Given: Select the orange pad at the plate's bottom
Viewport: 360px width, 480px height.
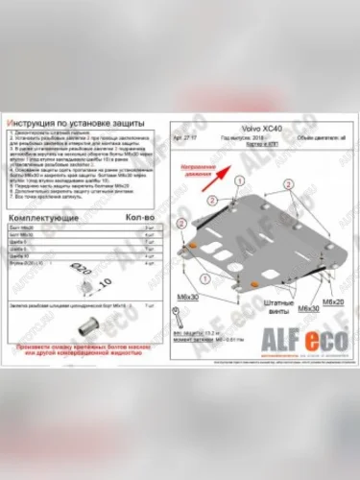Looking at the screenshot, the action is coord(255,284).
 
